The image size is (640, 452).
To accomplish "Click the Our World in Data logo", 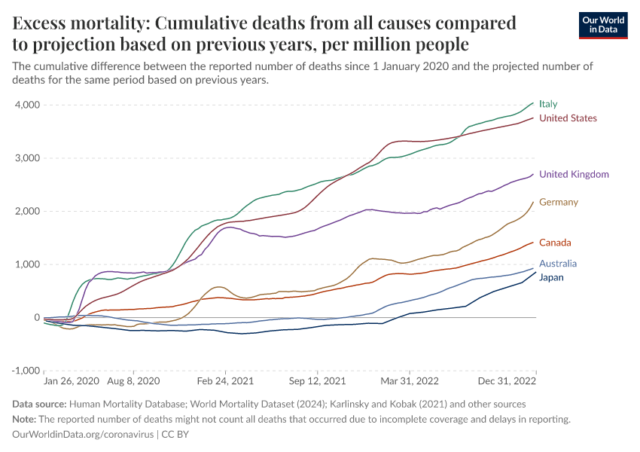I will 602,25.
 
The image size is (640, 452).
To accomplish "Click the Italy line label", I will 548,104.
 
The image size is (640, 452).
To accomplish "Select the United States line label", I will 568,118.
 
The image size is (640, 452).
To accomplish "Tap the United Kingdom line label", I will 574,175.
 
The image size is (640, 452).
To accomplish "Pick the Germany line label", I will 559,202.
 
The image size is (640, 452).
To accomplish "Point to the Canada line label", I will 555,243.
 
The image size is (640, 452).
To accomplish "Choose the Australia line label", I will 558,264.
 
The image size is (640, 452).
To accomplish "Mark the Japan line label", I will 551,277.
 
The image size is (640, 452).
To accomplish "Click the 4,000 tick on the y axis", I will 27,105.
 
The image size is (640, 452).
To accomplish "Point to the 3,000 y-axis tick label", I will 27,158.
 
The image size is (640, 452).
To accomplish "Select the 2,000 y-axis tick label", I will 27,212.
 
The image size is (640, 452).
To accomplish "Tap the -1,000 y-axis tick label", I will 26,371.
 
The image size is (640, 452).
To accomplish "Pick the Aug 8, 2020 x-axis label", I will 133,383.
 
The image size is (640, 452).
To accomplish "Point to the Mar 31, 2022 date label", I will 410,383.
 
